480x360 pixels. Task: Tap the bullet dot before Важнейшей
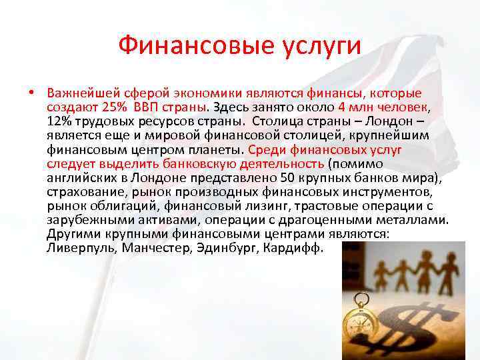31,92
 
